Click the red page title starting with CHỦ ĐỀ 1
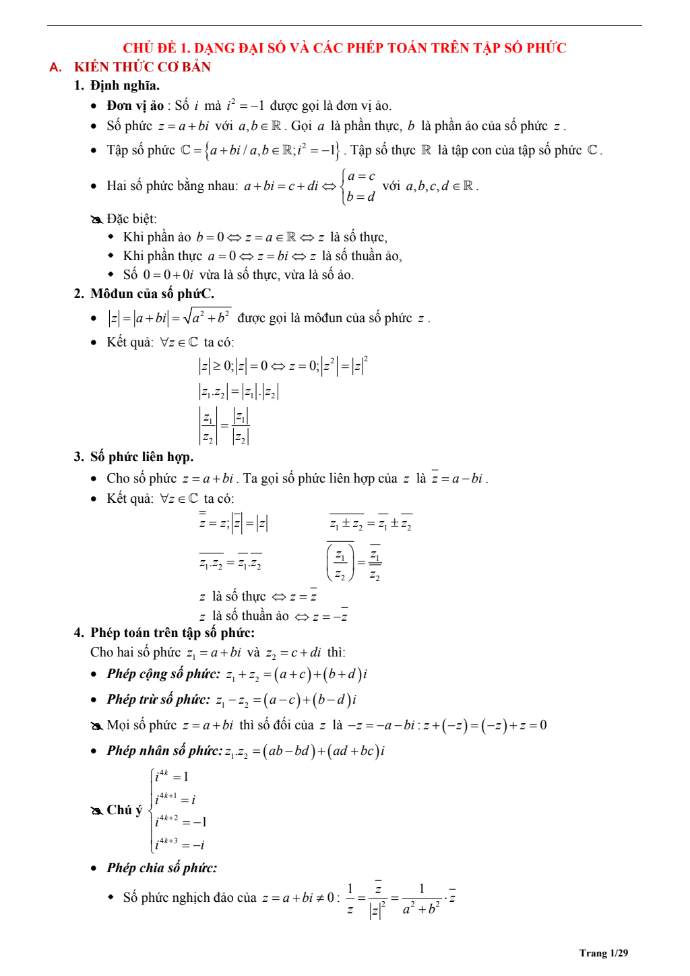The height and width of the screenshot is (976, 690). point(344,48)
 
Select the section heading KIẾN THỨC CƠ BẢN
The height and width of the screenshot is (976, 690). point(142,67)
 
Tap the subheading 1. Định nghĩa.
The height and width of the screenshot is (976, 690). point(117,86)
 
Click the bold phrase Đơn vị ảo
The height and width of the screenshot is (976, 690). point(135,106)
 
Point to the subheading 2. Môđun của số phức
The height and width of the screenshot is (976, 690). point(144,294)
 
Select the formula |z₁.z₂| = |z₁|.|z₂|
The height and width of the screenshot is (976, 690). point(239,392)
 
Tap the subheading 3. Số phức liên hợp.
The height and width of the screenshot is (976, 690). point(134,457)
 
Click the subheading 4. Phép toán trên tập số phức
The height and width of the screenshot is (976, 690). point(164,633)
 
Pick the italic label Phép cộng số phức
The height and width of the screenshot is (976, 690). point(163,674)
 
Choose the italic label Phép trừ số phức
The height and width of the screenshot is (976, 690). point(158,700)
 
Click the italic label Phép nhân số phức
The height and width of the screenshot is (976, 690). point(164,751)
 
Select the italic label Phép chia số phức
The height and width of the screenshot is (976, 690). point(162,868)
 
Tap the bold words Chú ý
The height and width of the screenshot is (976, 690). point(124,810)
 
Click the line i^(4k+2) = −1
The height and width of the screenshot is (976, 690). point(181,822)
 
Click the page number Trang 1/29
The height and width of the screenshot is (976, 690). point(603,953)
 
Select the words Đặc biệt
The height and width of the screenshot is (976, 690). point(131,219)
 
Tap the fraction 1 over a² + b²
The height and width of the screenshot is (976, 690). point(421,899)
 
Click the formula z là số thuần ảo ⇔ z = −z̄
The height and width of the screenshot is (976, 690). point(273,616)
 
